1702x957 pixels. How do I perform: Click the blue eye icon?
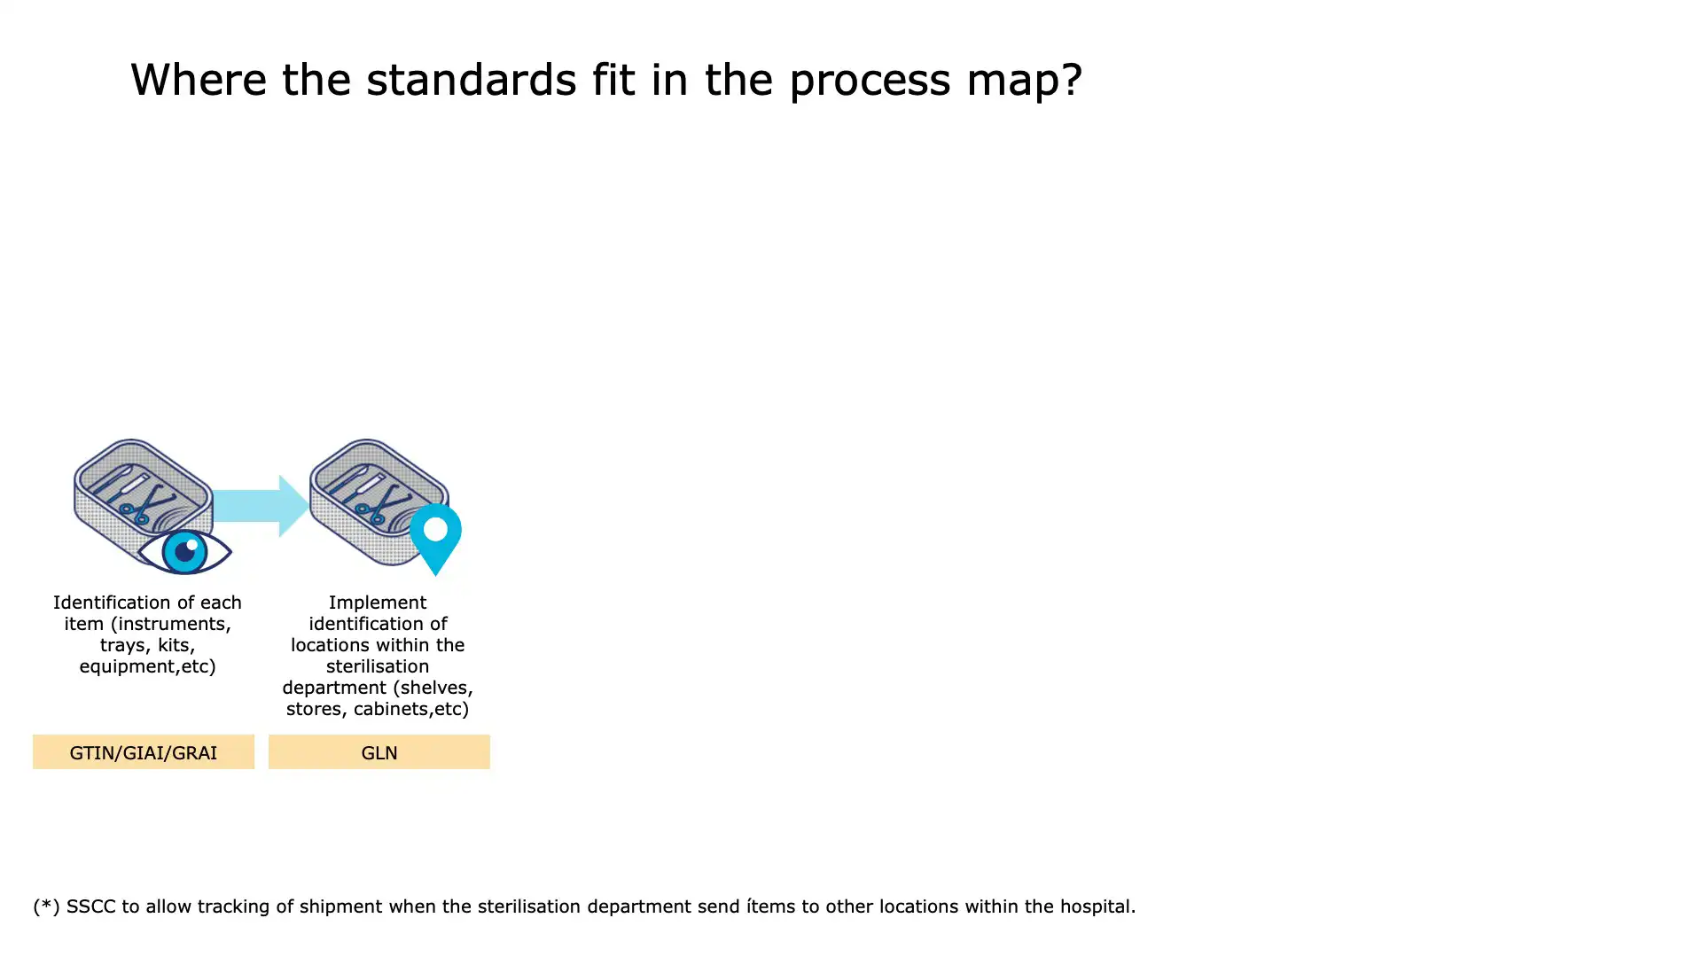coord(185,551)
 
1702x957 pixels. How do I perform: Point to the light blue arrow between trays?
coord(262,506)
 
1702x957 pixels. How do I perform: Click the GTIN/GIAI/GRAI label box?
coord(144,752)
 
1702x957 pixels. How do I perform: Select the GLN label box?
coord(379,752)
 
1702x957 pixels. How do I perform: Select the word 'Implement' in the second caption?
coord(378,603)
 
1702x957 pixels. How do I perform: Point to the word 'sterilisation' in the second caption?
coord(378,666)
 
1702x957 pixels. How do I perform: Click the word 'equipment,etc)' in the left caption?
coord(147,666)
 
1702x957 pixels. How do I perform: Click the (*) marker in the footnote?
coord(46,906)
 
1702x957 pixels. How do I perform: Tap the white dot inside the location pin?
coord(435,529)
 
